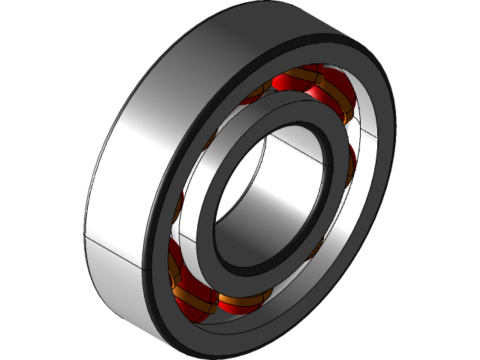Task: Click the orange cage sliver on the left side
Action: pyautogui.click(x=181, y=202)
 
